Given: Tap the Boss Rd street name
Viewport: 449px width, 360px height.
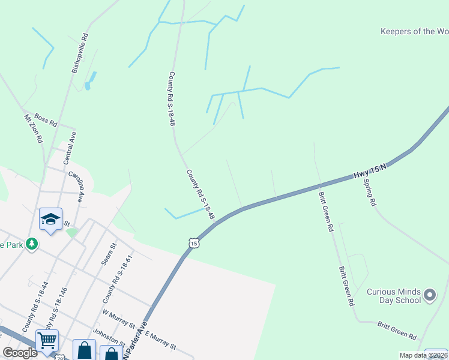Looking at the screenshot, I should coord(46,119).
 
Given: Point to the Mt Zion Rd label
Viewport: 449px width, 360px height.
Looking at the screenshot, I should coord(34,128).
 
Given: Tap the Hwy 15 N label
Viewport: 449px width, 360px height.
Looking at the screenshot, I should coord(370,170).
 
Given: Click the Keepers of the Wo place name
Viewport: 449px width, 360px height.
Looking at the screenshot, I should coord(414,31).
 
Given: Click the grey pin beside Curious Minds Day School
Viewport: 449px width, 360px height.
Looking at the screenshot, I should coord(429,295).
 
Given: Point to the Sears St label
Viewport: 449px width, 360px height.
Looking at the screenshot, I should coord(108,254).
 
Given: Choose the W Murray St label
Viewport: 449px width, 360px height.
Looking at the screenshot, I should coord(119,318).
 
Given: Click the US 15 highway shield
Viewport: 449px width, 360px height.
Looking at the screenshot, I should coord(192,242).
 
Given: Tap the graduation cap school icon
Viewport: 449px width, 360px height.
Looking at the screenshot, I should coord(51,220).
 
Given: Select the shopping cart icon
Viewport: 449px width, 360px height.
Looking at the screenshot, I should coord(47,340).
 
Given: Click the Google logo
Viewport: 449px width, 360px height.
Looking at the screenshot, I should coord(20,352).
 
